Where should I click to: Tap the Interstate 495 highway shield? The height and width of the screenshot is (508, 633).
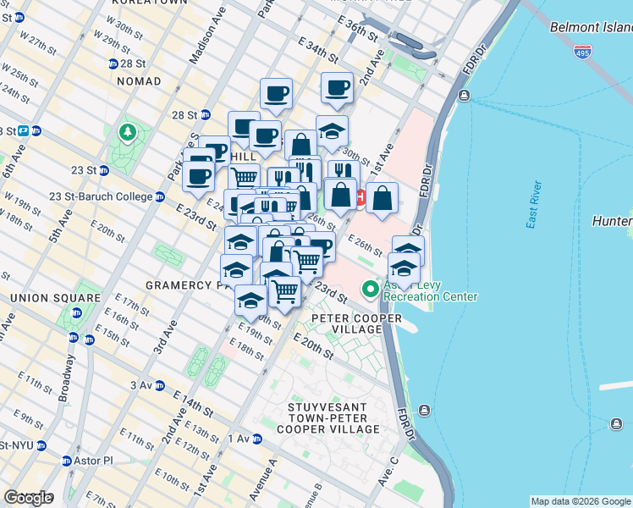(583, 51)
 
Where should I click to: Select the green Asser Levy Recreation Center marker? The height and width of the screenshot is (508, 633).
(370, 290)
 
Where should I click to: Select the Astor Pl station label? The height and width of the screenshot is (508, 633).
(94, 461)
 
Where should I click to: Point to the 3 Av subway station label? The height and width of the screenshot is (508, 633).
(140, 385)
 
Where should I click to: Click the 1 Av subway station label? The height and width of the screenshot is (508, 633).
(239, 439)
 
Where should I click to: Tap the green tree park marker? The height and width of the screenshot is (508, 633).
(127, 132)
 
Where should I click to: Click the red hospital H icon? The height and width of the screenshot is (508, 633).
(361, 198)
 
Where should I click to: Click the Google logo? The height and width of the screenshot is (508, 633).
(28, 498)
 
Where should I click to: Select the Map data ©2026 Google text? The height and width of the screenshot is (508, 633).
(581, 501)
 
